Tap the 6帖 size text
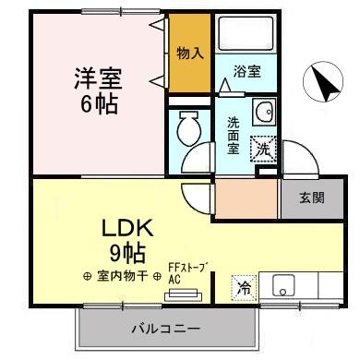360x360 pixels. click(98, 103)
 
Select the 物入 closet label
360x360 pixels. click(190, 54)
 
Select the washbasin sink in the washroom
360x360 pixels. click(263, 110)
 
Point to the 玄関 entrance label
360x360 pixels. click(312, 197)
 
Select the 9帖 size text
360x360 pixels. click(126, 251)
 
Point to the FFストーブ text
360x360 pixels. click(187, 268)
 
